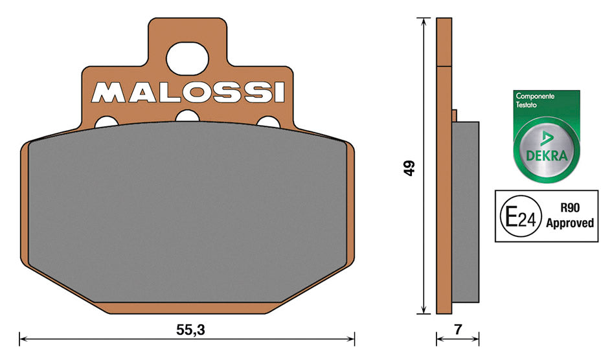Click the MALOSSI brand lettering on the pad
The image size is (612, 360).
click(188, 93)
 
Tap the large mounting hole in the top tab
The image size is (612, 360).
click(187, 58)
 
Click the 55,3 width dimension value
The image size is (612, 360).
click(190, 330)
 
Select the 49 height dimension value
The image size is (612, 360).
click(409, 168)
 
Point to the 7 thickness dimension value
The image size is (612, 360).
click(458, 330)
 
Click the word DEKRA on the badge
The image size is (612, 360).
click(547, 155)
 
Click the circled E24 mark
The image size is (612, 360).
click(521, 216)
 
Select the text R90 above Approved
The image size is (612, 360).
click(570, 208)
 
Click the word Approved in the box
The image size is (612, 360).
click(570, 223)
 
